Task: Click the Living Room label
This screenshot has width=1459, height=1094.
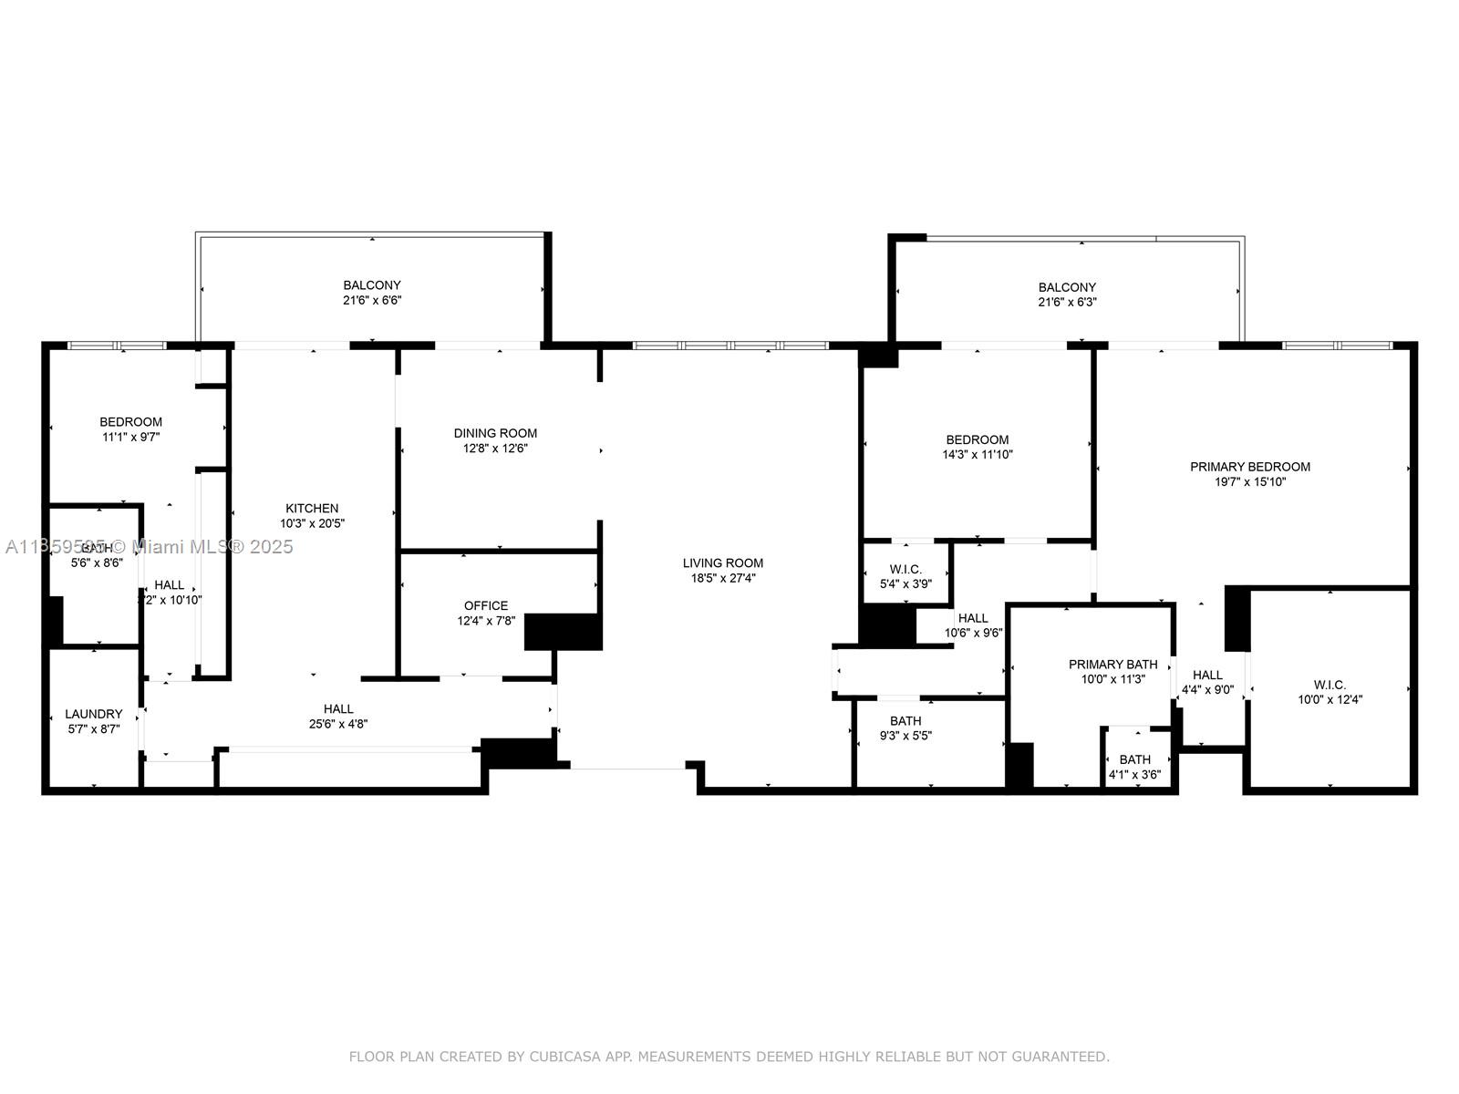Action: pos(722,562)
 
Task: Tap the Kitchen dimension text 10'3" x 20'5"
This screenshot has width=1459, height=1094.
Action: pos(312,523)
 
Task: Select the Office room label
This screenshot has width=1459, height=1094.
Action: pos(486,605)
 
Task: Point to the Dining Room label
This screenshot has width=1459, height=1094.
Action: pos(495,433)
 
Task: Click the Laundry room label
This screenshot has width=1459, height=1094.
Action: pos(93,714)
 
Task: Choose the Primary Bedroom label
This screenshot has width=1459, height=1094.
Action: pos(1249,467)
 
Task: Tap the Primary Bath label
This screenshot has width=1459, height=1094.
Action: pos(1112,665)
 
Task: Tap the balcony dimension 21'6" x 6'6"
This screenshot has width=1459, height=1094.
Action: pos(372,299)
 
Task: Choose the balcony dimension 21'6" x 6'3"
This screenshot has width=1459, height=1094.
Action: pos(1067,301)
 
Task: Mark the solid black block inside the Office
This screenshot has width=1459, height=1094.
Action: pos(563,631)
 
